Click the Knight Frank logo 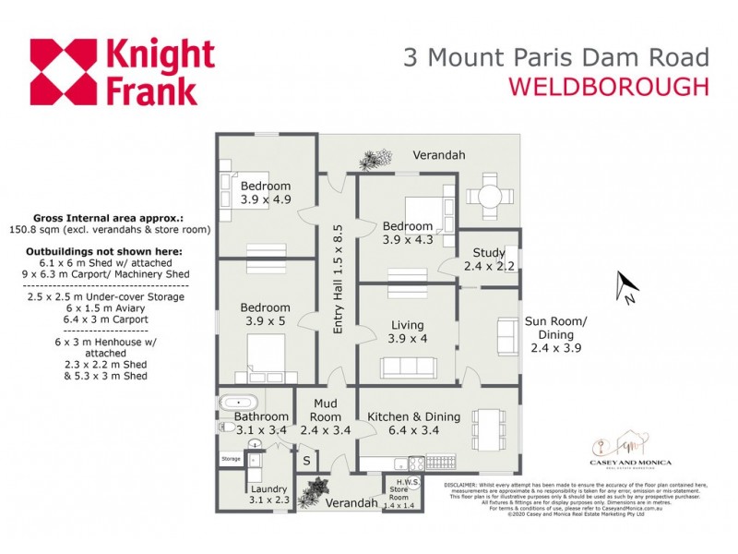coord(122,71)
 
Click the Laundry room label coord(268,495)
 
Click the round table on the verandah coord(486,197)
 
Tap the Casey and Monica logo coord(630,450)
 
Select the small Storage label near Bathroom coord(231,459)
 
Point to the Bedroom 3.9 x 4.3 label coord(407,233)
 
